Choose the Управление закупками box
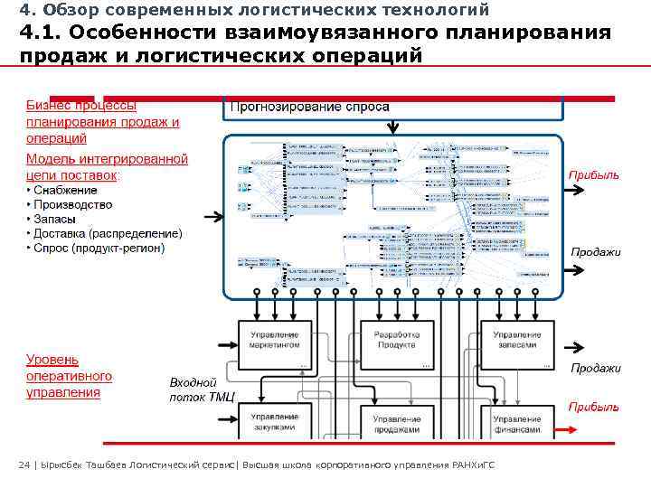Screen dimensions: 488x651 click(x=275, y=422)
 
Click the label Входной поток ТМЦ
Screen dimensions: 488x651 click(x=201, y=390)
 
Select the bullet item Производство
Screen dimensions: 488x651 click(x=73, y=204)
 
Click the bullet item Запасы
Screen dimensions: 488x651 click(x=55, y=219)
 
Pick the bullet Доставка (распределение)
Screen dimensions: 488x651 click(x=108, y=233)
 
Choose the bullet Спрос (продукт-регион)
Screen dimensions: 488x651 click(x=99, y=248)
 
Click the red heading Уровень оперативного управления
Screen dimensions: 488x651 click(x=69, y=376)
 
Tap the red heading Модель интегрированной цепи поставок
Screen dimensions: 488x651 click(x=106, y=166)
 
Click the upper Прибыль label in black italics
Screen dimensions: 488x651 click(x=593, y=174)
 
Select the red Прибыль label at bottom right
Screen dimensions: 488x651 click(x=593, y=407)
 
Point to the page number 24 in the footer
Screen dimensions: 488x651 click(x=24, y=465)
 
